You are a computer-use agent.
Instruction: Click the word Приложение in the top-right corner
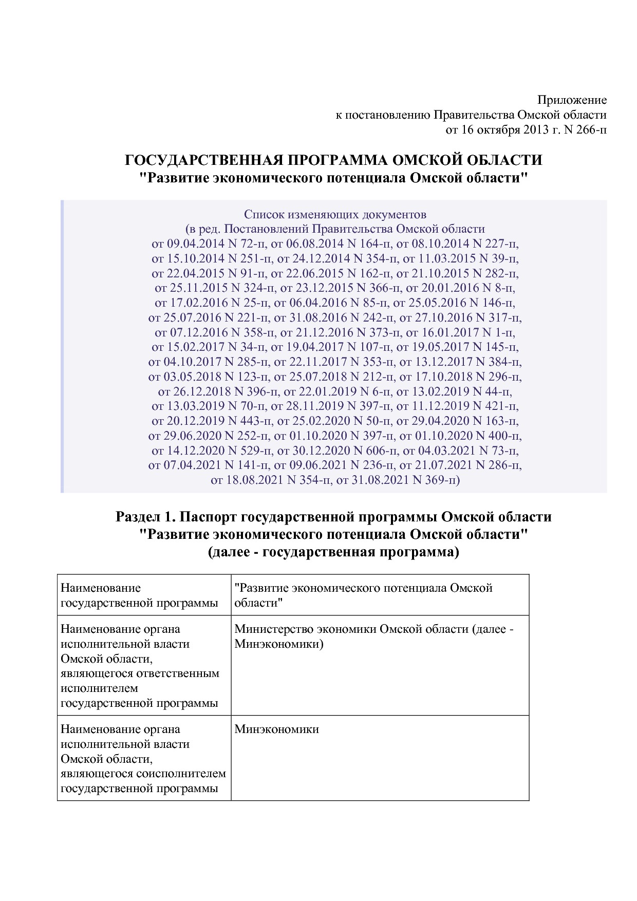click(x=572, y=100)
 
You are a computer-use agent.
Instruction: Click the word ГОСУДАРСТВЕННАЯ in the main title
click(x=204, y=160)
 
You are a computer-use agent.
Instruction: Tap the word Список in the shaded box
click(x=263, y=214)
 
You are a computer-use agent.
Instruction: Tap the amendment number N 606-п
click(x=373, y=451)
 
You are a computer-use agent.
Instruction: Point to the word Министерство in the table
click(x=273, y=629)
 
